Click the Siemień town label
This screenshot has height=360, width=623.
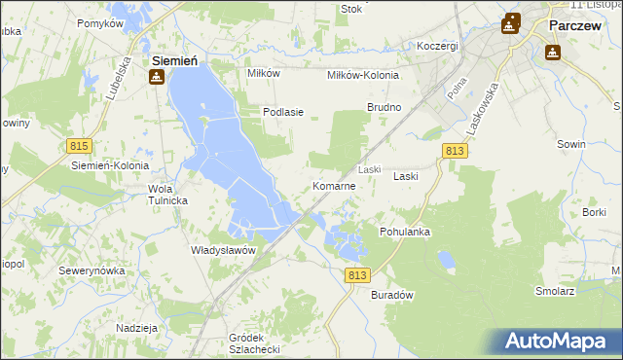click(175, 60)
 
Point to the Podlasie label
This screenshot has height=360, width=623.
click(283, 112)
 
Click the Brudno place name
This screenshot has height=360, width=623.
click(385, 107)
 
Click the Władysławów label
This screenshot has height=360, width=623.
click(223, 250)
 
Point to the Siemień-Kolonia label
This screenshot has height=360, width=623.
click(109, 165)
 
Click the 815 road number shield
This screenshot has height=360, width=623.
click(80, 145)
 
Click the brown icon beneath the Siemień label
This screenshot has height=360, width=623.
click(156, 78)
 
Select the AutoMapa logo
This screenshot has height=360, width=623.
click(559, 342)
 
